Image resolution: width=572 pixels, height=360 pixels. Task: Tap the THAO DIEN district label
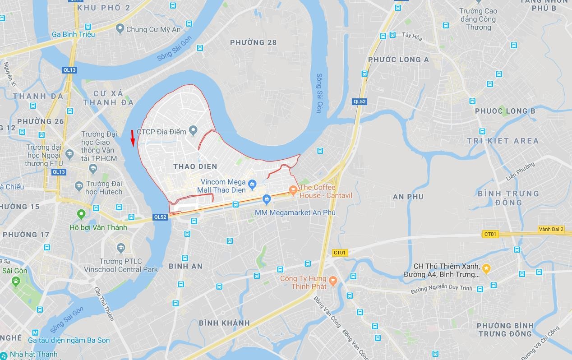click(x=195, y=166)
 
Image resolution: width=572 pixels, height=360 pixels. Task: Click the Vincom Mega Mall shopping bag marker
click(x=252, y=184)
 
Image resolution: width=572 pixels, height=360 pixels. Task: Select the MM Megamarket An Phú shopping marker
click(x=267, y=199)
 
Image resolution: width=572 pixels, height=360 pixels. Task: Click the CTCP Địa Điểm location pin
click(x=194, y=131)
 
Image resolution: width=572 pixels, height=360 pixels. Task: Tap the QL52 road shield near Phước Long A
click(x=360, y=102)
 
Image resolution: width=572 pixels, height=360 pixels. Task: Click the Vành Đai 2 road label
click(x=551, y=229)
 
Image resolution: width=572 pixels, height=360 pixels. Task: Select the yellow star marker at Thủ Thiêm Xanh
click(x=486, y=269)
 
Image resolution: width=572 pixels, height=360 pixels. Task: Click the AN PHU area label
click(x=408, y=197)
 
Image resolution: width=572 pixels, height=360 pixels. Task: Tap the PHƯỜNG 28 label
click(x=253, y=42)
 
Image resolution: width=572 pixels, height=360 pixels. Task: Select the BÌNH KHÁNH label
click(x=224, y=323)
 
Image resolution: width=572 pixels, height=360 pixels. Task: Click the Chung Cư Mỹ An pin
click(x=120, y=29)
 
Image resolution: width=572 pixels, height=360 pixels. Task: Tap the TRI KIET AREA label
click(x=503, y=141)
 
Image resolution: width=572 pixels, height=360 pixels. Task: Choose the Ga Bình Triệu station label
click(x=73, y=34)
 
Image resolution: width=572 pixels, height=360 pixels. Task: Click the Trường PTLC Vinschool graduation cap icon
click(x=120, y=248)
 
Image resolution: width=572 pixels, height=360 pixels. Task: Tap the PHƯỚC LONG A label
click(x=398, y=60)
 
